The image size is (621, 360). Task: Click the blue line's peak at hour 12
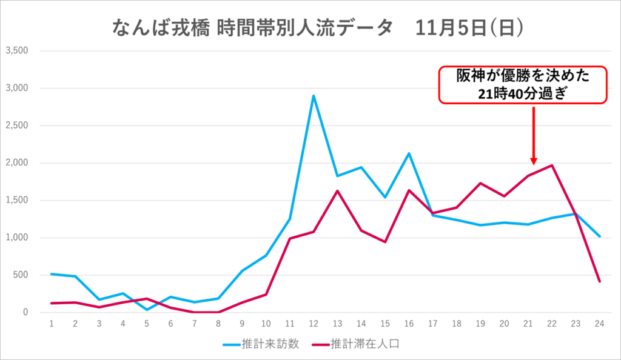click(314, 96)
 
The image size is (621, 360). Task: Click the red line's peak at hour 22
click(552, 165)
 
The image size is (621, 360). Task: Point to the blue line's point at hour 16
click(409, 153)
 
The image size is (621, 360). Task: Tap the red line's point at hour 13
click(337, 191)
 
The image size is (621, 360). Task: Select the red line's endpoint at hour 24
click(600, 281)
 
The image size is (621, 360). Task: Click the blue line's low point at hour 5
click(147, 310)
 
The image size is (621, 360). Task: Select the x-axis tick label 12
click(314, 324)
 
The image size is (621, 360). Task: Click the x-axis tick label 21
click(528, 324)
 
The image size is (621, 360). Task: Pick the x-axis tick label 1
click(52, 324)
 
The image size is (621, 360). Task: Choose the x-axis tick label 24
click(600, 324)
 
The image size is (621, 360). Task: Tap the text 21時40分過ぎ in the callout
click(523, 93)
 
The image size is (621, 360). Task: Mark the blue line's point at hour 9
click(242, 271)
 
